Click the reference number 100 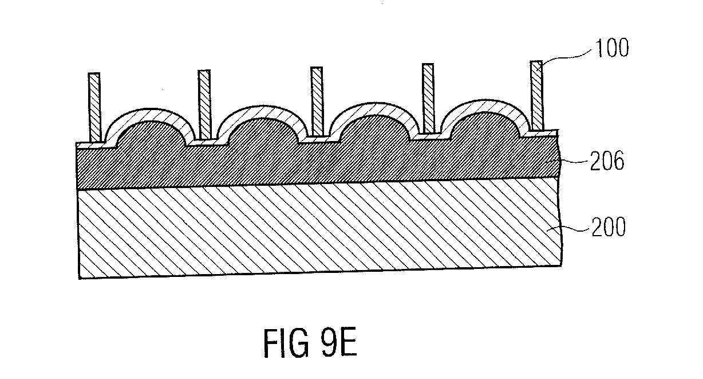(x=612, y=48)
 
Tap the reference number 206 (x=607, y=161)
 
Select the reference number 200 (x=609, y=226)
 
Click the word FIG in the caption (x=286, y=343)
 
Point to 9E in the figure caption (x=339, y=342)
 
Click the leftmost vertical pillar (x=94, y=107)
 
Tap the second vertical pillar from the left (x=204, y=104)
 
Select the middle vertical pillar (x=317, y=101)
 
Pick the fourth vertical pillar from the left (x=428, y=98)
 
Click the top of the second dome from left (x=260, y=106)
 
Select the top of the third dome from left (x=373, y=103)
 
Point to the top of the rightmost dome (x=485, y=100)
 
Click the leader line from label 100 (x=565, y=57)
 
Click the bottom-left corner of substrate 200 (x=79, y=279)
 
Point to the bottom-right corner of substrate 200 (x=562, y=266)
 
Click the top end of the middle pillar (x=317, y=67)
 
